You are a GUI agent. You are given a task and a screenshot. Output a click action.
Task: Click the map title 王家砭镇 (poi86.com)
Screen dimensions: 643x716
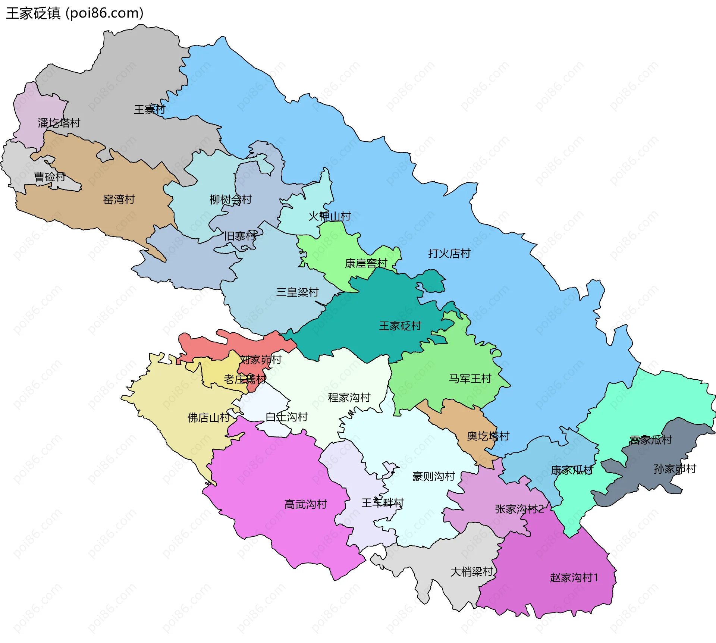pyautogui.click(x=75, y=13)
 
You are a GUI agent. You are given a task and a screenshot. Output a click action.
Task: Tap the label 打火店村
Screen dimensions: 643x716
pyautogui.click(x=449, y=254)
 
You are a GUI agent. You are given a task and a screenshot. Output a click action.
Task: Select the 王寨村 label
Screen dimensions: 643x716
pyautogui.click(x=149, y=109)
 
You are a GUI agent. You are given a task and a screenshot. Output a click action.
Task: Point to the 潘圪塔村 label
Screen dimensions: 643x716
pyautogui.click(x=59, y=123)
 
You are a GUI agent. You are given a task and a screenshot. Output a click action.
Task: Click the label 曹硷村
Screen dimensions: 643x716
pyautogui.click(x=50, y=176)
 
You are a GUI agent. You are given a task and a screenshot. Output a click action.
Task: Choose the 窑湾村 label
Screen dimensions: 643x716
pyautogui.click(x=119, y=199)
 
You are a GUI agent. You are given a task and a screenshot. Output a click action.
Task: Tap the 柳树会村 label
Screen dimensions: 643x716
pyautogui.click(x=230, y=200)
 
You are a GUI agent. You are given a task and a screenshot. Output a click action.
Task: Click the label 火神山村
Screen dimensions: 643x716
pyautogui.click(x=329, y=216)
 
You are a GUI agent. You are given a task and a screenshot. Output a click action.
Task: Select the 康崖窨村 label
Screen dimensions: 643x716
pyautogui.click(x=366, y=263)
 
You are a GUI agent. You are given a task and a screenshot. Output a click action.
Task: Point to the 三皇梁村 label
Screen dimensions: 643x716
pyautogui.click(x=297, y=292)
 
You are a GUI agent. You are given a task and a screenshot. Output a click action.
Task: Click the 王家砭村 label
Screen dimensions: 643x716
pyautogui.click(x=400, y=326)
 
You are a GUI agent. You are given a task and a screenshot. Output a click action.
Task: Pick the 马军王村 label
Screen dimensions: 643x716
pyautogui.click(x=470, y=379)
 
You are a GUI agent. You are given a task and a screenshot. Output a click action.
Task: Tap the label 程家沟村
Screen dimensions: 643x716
pyautogui.click(x=349, y=398)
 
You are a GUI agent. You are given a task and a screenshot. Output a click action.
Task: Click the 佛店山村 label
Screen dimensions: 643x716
pyautogui.click(x=208, y=417)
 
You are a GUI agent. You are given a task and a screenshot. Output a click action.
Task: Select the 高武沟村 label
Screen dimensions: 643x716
pyautogui.click(x=305, y=504)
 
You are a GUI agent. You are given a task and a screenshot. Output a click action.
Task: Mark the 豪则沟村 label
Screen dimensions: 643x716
pyautogui.click(x=433, y=476)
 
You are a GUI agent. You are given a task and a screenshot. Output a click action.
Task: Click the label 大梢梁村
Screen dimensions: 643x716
pyautogui.click(x=471, y=572)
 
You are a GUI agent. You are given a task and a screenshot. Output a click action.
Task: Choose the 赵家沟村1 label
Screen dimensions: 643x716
pyautogui.click(x=574, y=578)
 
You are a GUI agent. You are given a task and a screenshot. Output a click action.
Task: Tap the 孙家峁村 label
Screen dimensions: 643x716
pyautogui.click(x=675, y=469)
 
